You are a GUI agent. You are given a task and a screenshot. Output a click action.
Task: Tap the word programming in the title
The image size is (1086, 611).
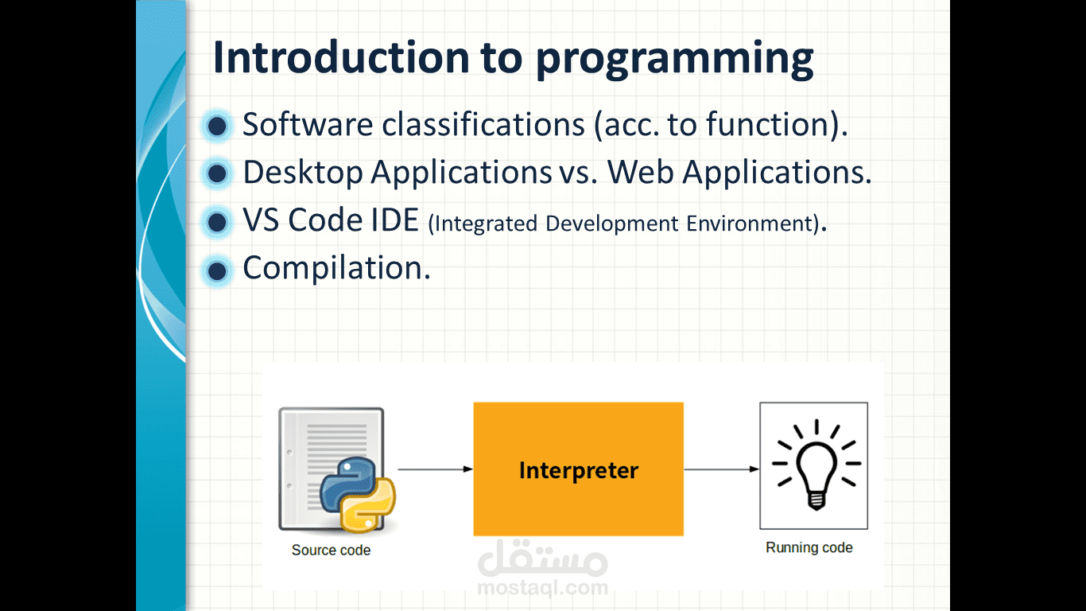674,59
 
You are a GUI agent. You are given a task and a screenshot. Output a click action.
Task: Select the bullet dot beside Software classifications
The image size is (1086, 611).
217,126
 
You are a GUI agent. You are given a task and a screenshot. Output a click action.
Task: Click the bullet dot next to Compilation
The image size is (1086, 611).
217,270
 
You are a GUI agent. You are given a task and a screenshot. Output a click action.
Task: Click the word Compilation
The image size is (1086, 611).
335,268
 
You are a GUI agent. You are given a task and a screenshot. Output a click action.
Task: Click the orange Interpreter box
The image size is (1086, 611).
578,469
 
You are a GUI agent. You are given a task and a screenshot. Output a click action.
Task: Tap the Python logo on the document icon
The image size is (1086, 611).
357,494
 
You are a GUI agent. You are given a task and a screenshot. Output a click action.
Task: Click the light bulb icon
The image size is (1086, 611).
814,465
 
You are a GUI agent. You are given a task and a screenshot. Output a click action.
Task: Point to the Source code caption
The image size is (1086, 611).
331,550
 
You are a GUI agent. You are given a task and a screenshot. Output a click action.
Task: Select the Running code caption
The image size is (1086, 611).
809,547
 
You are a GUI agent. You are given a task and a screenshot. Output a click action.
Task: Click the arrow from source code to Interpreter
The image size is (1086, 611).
435,469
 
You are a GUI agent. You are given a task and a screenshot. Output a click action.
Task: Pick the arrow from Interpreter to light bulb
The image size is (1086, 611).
721,469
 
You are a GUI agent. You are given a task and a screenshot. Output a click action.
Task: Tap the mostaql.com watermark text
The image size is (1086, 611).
542,589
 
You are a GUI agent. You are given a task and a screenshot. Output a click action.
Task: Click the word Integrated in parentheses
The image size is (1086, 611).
487,224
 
